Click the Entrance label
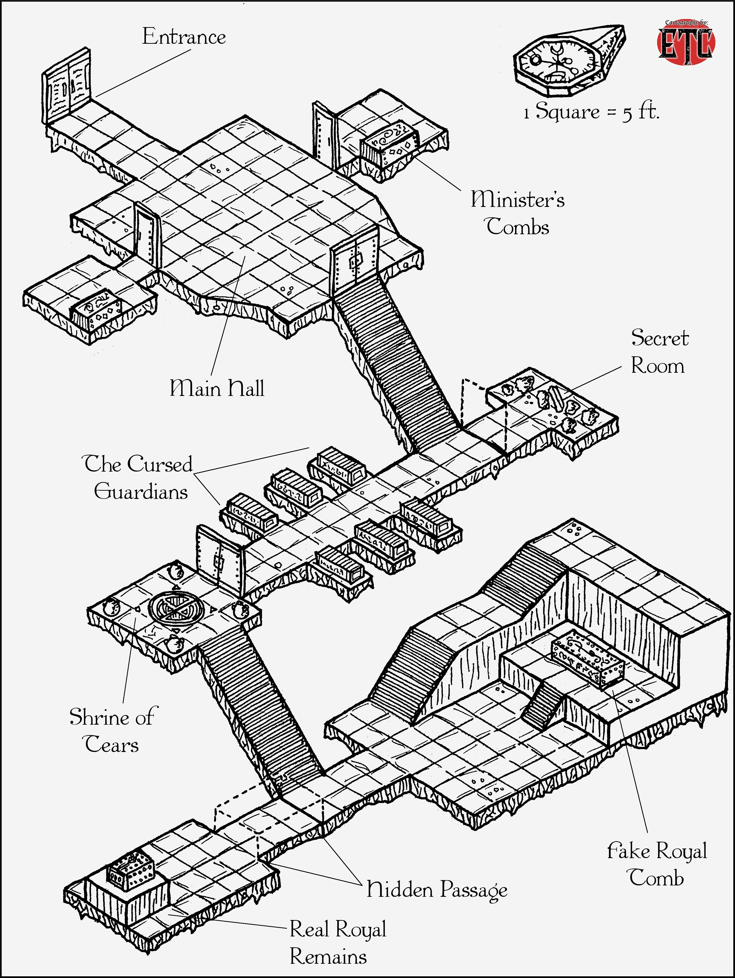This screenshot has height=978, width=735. pos(184,37)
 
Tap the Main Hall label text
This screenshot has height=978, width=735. pos(217,388)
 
